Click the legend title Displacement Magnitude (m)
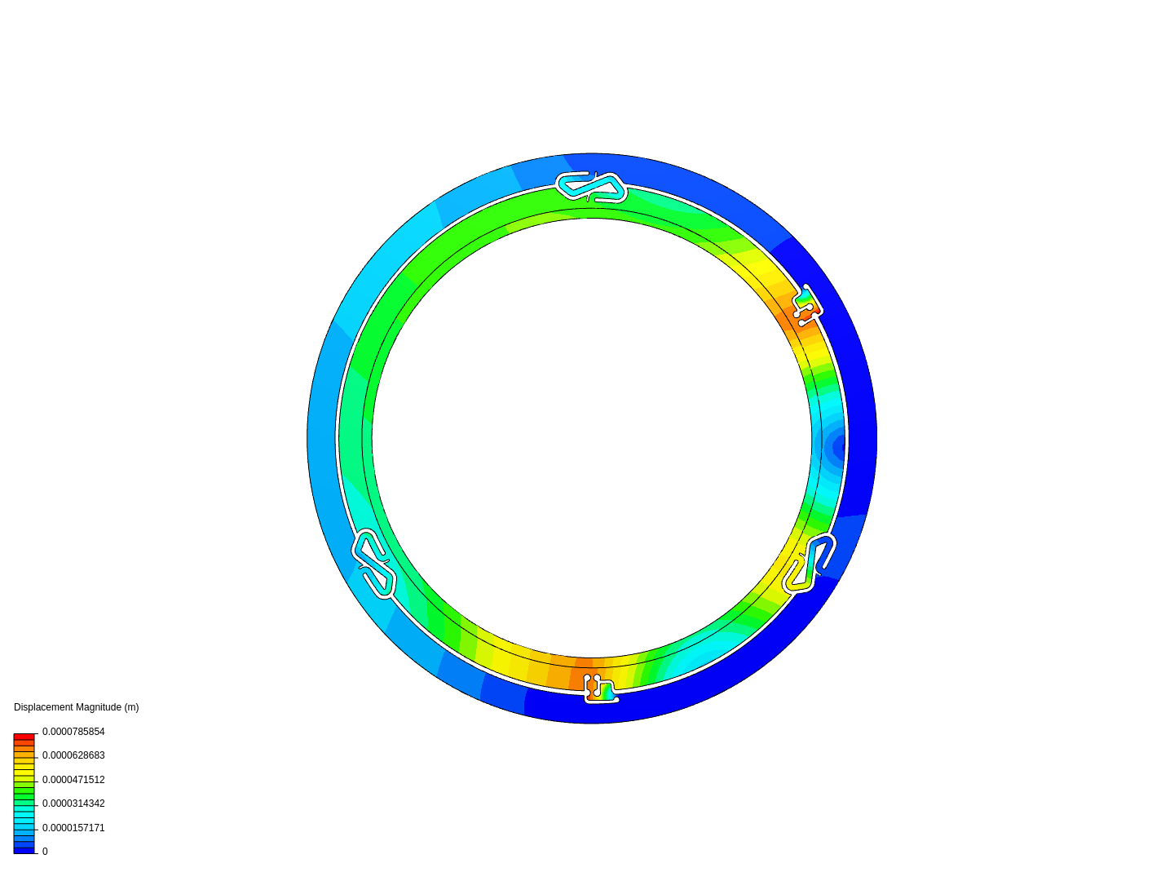click(76, 707)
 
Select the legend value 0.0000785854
click(73, 731)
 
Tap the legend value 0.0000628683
click(73, 755)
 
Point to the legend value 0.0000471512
click(73, 779)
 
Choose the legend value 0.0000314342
click(73, 804)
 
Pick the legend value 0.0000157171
click(73, 827)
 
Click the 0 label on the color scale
click(45, 852)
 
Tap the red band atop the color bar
click(24, 737)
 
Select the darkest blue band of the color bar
click(24, 851)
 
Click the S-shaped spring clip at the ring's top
click(591, 188)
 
